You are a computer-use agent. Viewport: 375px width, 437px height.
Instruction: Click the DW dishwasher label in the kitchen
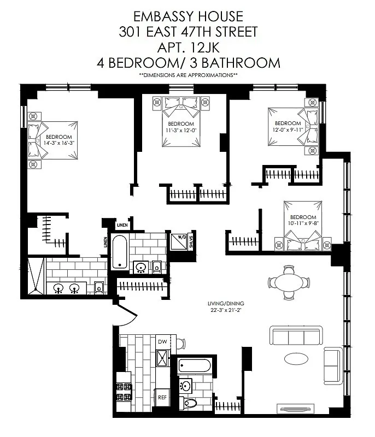(162, 341)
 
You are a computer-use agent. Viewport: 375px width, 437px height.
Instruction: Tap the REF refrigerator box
(162, 398)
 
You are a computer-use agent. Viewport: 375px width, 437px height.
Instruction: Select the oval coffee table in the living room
(298, 359)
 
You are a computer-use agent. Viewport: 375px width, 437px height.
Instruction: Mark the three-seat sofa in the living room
(298, 335)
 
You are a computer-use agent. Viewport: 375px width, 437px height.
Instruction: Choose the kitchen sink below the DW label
(162, 358)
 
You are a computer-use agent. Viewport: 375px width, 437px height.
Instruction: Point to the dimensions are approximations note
(188, 74)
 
